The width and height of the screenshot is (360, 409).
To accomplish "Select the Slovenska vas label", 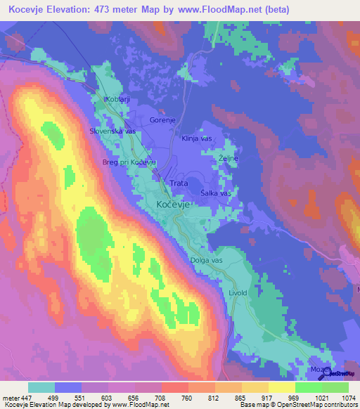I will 112,131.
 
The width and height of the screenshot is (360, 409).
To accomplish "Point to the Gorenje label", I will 162,120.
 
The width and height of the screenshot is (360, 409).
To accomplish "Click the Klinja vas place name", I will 197,138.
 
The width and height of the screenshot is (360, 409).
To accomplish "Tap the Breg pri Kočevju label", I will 129,162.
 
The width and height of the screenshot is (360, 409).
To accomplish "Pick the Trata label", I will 179,183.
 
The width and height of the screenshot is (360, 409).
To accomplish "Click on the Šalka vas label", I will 216,193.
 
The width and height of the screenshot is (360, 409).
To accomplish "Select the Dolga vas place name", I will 206,261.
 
